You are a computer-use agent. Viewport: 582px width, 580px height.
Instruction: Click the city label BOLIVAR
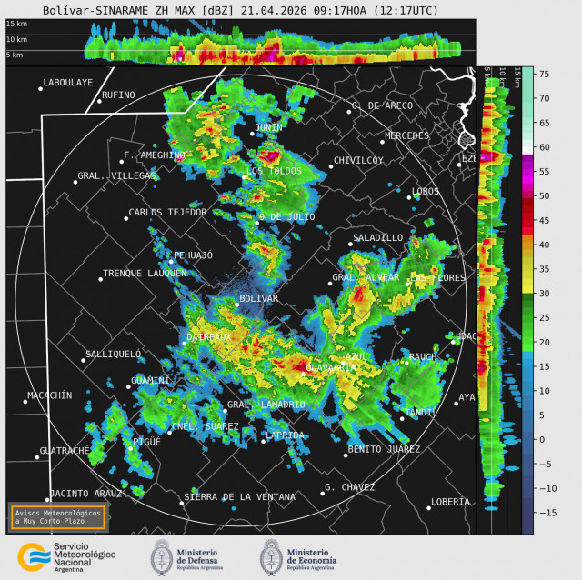[258, 298]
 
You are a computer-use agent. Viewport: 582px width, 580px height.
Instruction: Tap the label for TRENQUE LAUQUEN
[145, 273]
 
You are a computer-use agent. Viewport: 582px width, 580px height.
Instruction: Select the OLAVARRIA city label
[332, 367]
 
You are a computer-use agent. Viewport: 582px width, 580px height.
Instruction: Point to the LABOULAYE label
[68, 82]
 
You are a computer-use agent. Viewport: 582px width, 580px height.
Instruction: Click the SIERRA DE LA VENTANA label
[239, 497]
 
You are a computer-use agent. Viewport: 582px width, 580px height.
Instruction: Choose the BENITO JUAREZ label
[384, 449]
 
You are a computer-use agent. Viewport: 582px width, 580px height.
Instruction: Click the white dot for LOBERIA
[429, 507]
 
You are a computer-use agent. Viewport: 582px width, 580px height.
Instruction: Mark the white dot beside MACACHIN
[25, 401]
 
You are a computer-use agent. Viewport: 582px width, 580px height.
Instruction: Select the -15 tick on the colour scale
[546, 512]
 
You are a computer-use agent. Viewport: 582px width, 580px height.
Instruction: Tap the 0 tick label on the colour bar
[542, 439]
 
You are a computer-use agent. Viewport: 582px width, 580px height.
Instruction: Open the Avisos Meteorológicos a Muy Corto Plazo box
[57, 516]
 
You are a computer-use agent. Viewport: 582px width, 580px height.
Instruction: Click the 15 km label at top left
[16, 24]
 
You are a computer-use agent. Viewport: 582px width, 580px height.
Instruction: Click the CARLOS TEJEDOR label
[167, 212]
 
